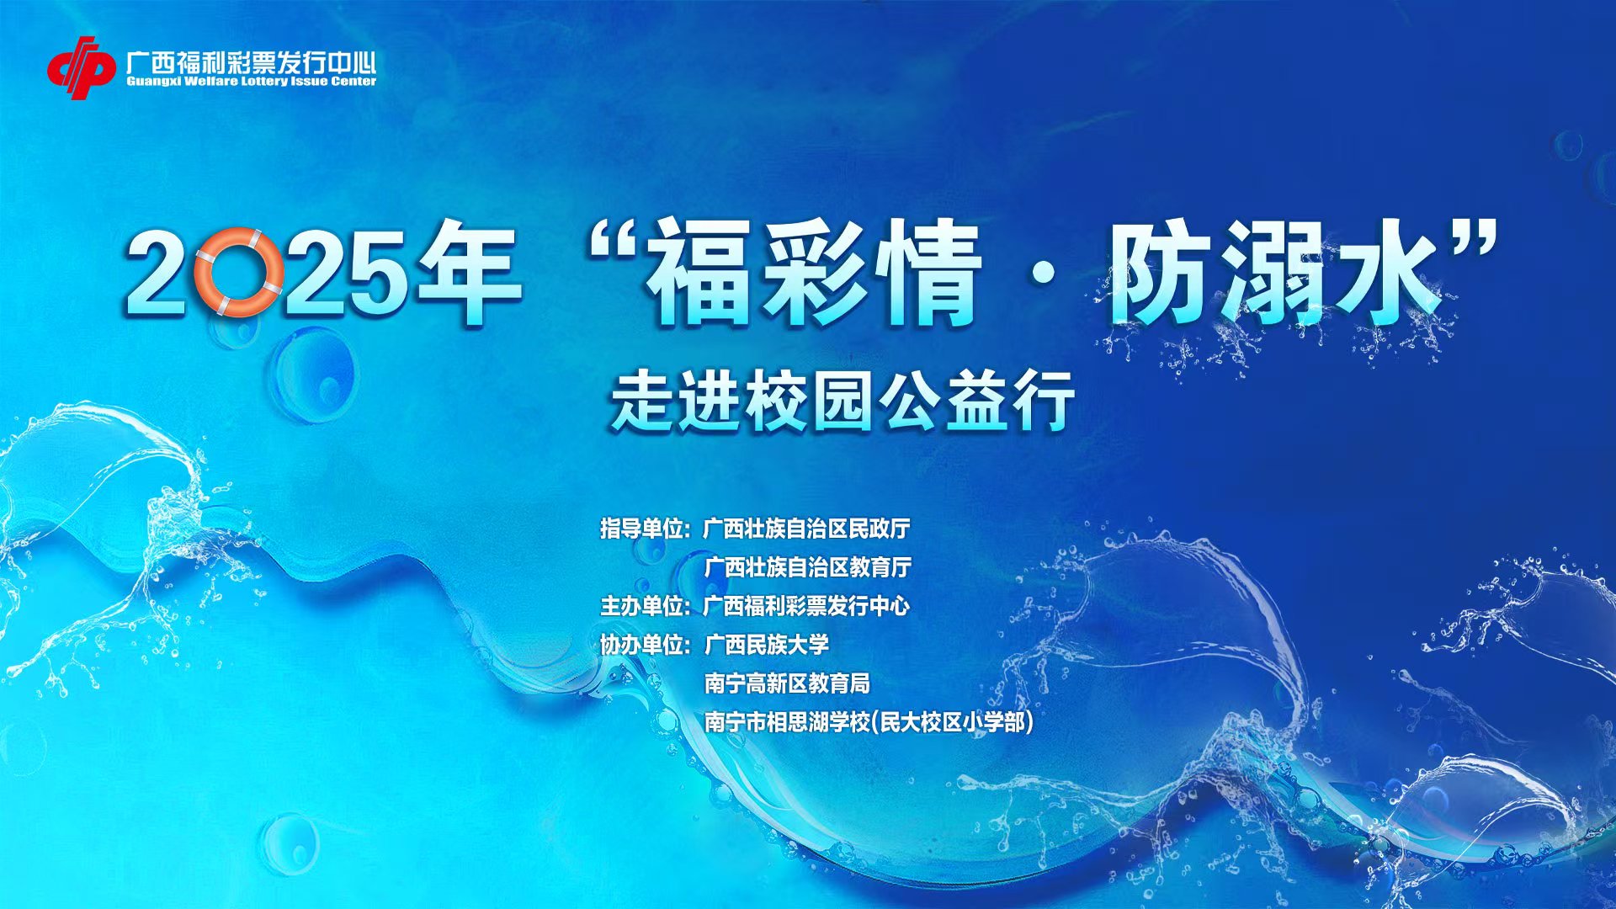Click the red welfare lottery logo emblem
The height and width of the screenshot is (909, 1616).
click(81, 67)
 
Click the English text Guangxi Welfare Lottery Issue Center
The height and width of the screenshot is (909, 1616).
click(251, 82)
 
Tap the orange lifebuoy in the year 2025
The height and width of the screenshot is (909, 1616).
click(239, 272)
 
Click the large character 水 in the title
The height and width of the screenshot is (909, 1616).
click(1385, 271)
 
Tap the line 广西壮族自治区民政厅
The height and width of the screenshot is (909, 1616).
click(807, 529)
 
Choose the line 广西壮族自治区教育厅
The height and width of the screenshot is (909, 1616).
click(807, 567)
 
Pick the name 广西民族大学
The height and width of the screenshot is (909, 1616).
click(766, 645)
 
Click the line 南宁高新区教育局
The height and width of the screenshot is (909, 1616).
click(787, 683)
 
